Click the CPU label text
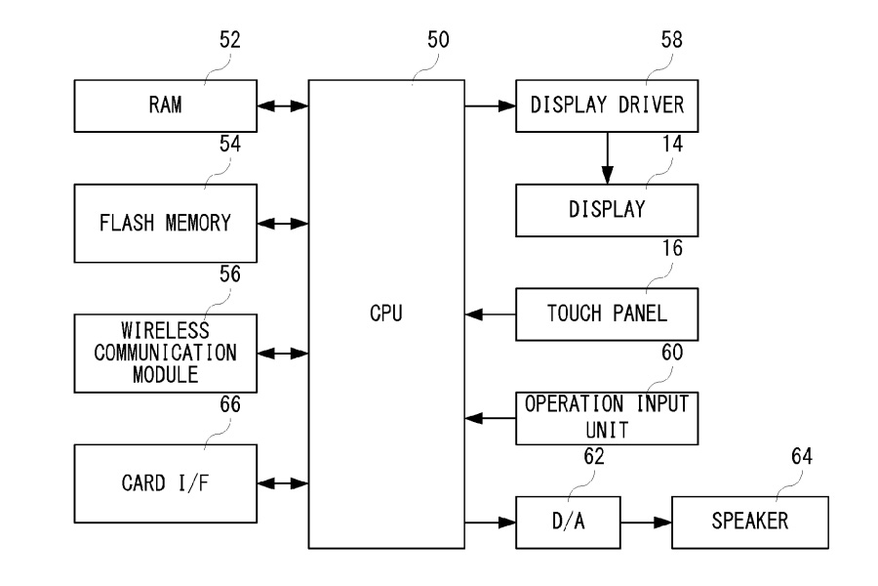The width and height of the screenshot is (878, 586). [x=386, y=314]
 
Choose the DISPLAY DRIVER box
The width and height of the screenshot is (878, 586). [x=608, y=105]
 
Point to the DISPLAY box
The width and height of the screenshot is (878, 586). [x=608, y=210]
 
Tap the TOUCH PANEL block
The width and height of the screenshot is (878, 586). [x=608, y=314]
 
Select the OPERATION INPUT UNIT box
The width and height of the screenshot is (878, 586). [x=608, y=418]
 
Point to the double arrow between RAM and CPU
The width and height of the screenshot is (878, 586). [x=284, y=105]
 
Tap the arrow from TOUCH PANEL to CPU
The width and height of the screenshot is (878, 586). [x=491, y=314]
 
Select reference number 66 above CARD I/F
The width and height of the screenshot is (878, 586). [x=230, y=404]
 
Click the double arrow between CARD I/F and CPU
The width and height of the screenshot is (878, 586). [x=284, y=483]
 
